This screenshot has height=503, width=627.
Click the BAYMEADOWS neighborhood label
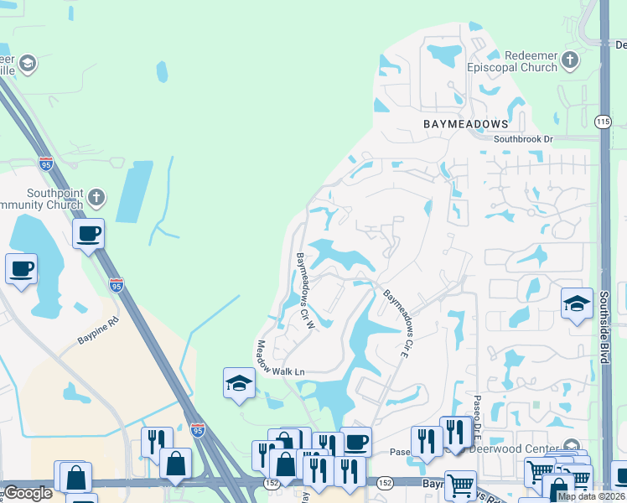464,123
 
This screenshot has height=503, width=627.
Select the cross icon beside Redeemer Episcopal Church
570,60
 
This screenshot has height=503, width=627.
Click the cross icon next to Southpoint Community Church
96,198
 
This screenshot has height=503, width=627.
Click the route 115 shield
603,122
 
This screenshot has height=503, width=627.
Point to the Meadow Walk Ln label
281,358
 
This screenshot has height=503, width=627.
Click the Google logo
28,493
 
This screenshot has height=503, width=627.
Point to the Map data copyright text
591,496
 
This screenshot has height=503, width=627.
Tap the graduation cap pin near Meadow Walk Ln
239,384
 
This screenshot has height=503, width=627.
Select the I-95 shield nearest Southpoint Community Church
46,163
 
